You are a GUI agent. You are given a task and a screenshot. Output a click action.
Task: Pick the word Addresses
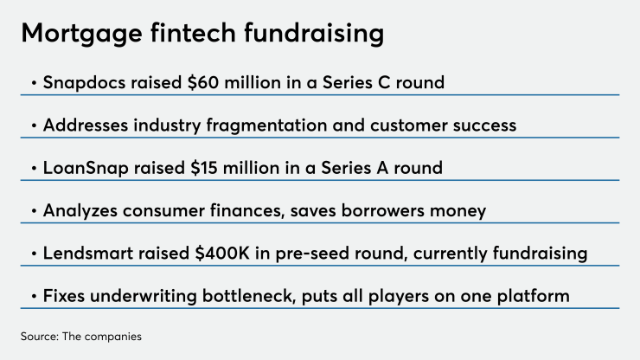83,125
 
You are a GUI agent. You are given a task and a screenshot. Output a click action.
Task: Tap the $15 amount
195,168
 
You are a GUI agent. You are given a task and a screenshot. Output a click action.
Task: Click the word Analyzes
80,210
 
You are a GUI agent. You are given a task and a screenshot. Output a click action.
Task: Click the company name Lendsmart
85,254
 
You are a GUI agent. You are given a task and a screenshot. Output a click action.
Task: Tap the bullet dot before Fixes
33,296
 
